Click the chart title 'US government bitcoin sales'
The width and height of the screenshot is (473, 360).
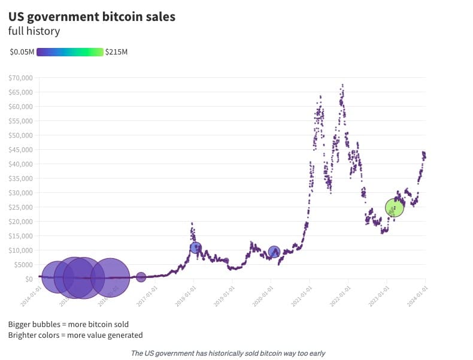pos(92,17)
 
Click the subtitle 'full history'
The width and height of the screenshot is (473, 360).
pos(34,31)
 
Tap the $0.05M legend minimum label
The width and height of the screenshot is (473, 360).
pos(22,52)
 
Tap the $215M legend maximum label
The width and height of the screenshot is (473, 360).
pos(116,52)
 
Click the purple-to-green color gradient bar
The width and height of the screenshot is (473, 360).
pos(70,52)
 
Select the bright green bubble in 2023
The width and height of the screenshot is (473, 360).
pos(395,207)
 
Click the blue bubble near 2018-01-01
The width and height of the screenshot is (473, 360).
pos(195,247)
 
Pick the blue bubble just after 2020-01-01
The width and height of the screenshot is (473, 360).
pos(274,252)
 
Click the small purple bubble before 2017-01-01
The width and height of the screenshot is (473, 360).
pos(141,277)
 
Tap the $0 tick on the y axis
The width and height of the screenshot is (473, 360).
pos(28,279)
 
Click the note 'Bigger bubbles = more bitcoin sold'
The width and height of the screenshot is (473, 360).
pos(68,324)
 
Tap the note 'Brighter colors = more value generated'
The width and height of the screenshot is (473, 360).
pos(75,335)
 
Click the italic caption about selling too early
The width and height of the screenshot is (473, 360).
pos(228,353)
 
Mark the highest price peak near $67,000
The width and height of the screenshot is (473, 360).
pos(342,85)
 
